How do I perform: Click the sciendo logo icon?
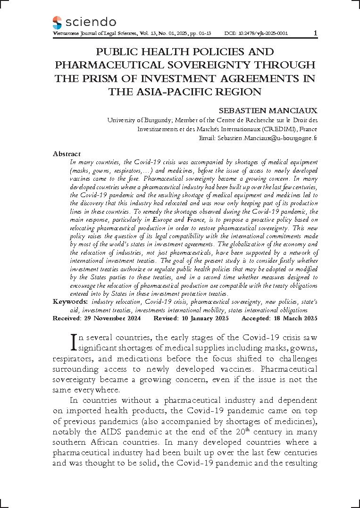coord(57,22)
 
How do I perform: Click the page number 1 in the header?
coord(315,33)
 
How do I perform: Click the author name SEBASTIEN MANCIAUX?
coord(268,110)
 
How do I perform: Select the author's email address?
coord(267,138)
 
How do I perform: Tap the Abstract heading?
coord(67,154)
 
